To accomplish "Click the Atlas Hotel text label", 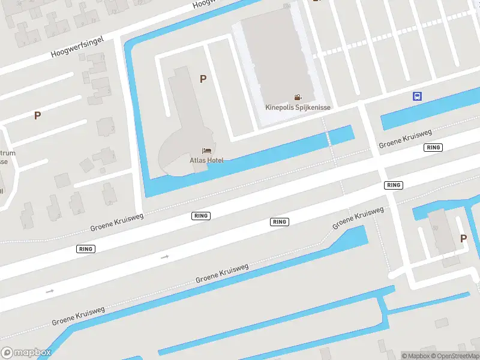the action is click(x=207, y=160).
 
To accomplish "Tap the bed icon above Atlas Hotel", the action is click(x=207, y=151).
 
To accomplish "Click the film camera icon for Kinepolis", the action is click(x=298, y=97).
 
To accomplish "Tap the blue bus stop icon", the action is click(x=417, y=96).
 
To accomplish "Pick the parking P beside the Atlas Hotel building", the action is click(x=203, y=79).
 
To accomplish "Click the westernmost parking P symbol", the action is click(x=37, y=115).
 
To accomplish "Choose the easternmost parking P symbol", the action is click(x=463, y=238).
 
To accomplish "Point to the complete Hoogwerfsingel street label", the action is click(x=78, y=46).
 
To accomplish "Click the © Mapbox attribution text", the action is click(x=416, y=356).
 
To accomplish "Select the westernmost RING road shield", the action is click(x=86, y=248).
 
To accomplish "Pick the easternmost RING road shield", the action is click(x=433, y=148).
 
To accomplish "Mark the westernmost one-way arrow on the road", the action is click(x=50, y=291).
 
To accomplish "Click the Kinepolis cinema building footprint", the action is click(x=279, y=60).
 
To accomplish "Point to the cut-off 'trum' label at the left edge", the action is click(x=8, y=153).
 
